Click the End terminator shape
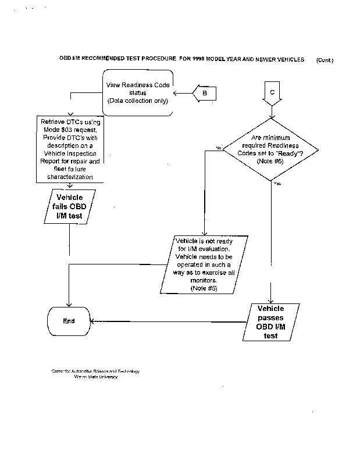(69, 321)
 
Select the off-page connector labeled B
(205, 92)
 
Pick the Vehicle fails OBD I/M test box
(70, 207)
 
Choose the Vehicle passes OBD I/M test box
(270, 321)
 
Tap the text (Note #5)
(204, 289)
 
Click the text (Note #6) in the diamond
(269, 160)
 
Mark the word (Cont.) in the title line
(325, 60)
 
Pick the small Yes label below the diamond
(277, 183)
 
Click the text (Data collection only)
(138, 101)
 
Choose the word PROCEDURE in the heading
(155, 59)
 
